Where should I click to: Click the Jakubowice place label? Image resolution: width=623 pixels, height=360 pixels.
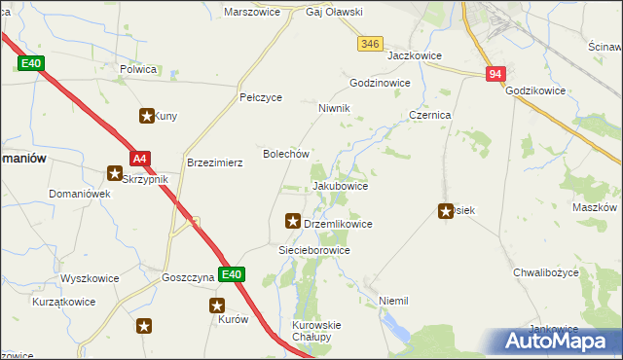(x=340, y=185)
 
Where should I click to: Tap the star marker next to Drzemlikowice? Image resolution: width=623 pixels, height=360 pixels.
(x=291, y=222)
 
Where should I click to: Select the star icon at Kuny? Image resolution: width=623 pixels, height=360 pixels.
(x=147, y=117)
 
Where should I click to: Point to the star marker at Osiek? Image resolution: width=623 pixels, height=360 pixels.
(x=447, y=210)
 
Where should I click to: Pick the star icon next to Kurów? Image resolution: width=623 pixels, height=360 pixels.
(x=218, y=306)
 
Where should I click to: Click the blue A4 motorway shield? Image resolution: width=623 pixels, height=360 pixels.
(x=140, y=159)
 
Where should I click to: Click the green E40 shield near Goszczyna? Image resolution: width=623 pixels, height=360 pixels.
(x=230, y=275)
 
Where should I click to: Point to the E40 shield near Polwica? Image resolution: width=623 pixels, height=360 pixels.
(x=30, y=63)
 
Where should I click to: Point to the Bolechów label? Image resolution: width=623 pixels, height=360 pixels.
(x=286, y=154)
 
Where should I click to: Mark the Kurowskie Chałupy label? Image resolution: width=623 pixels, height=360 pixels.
(x=316, y=331)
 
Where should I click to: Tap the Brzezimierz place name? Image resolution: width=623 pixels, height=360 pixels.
(x=214, y=163)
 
